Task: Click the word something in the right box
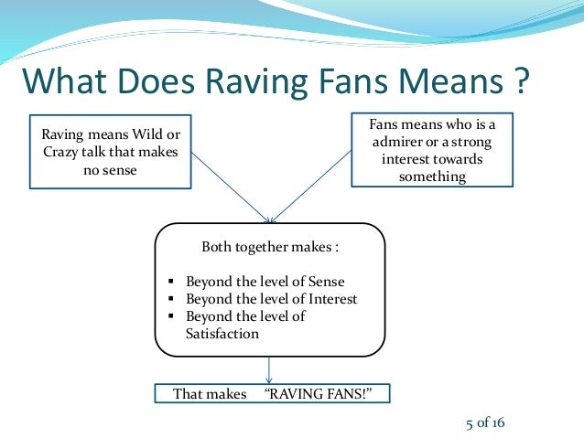(x=432, y=176)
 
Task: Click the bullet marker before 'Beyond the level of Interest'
(x=172, y=299)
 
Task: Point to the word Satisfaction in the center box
(x=222, y=334)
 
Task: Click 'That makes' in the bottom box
(x=210, y=394)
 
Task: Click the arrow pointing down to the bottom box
(x=268, y=369)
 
